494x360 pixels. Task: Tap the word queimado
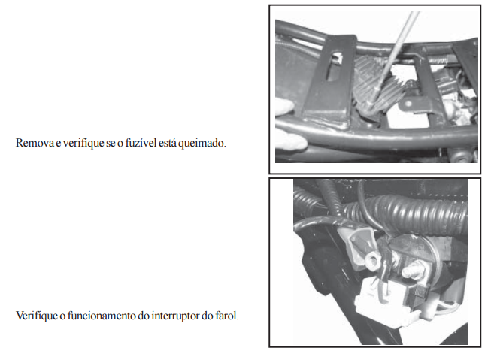point(202,144)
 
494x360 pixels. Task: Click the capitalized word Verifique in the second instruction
point(37,316)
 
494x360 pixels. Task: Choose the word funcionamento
point(102,316)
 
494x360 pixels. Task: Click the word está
point(167,143)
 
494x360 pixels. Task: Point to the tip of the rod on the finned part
point(372,104)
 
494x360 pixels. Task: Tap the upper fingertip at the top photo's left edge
point(284,106)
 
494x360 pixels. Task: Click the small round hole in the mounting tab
point(408,103)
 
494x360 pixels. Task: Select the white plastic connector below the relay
point(386,300)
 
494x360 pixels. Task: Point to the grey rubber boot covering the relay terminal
point(359,245)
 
